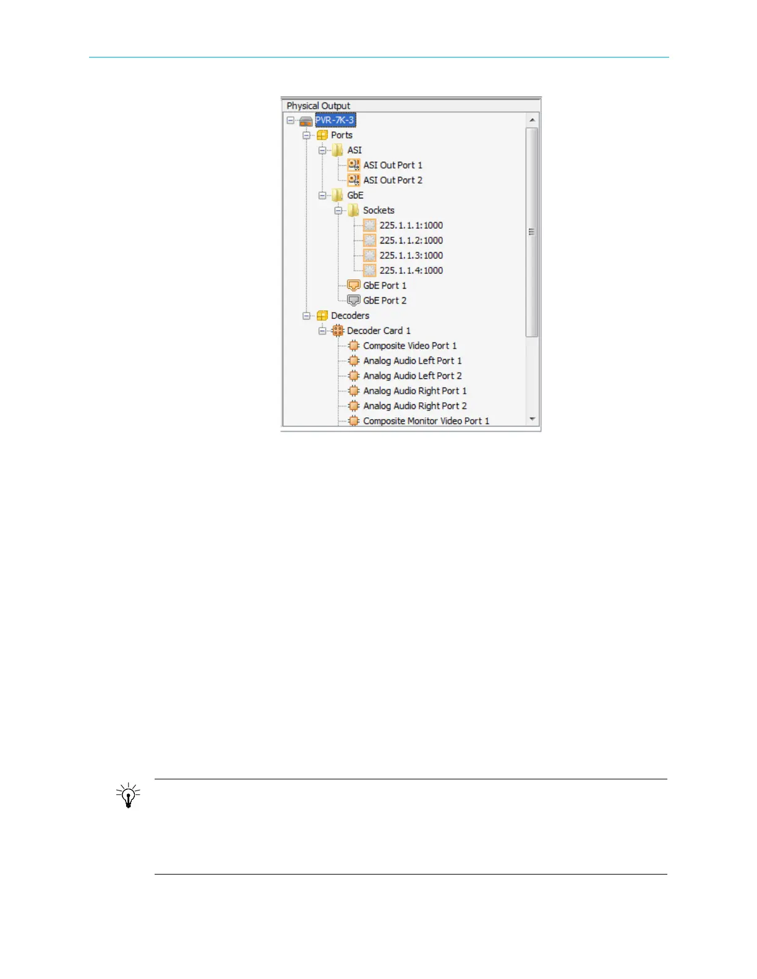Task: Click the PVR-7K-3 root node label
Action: (x=335, y=120)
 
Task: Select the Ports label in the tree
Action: (x=341, y=135)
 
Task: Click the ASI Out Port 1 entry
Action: (x=392, y=165)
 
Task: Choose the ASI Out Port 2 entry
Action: (x=392, y=180)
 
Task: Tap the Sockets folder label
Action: (x=378, y=210)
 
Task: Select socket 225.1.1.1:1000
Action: (x=411, y=225)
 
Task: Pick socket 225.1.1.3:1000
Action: (x=411, y=255)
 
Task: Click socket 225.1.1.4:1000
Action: (x=411, y=270)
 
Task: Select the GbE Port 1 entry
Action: (x=384, y=286)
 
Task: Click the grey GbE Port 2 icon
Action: (x=354, y=300)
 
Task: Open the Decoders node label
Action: (x=349, y=315)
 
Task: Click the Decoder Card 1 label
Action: (x=378, y=331)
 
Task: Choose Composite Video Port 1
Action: (x=409, y=345)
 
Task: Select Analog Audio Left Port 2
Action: (x=412, y=376)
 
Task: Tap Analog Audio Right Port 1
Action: (x=414, y=391)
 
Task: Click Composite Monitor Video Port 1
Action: (x=426, y=421)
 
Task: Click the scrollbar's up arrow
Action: (x=532, y=119)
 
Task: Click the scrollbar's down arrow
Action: (x=532, y=419)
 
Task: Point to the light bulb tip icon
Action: (x=128, y=795)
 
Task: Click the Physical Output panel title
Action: (x=318, y=106)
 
